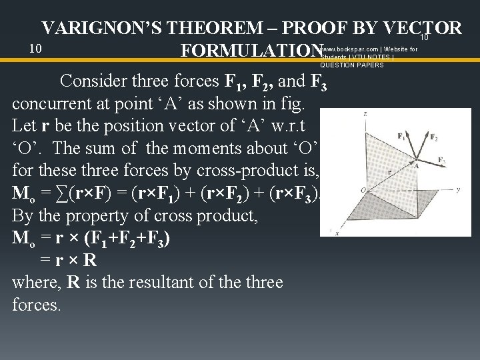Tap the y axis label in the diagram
458,189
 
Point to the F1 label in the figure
400,136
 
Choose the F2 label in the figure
434,139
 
